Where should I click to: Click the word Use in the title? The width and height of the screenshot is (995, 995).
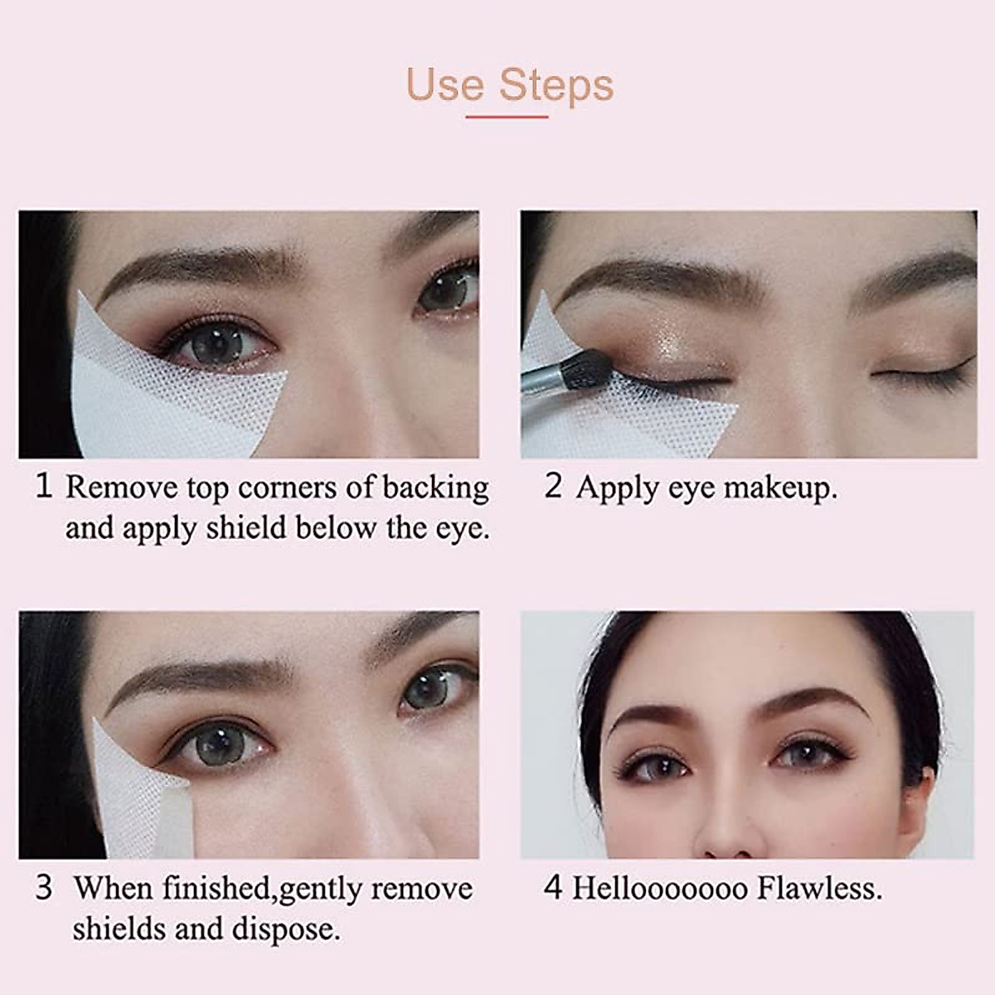click(444, 85)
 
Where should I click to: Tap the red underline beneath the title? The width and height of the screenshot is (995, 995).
click(507, 117)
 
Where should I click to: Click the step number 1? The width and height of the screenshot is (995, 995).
click(44, 486)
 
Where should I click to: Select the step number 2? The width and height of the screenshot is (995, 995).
click(553, 486)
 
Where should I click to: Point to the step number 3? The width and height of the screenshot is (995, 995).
click(44, 888)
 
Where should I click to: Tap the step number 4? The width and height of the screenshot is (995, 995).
click(553, 888)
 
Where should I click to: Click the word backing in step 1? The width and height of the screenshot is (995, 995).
click(435, 488)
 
